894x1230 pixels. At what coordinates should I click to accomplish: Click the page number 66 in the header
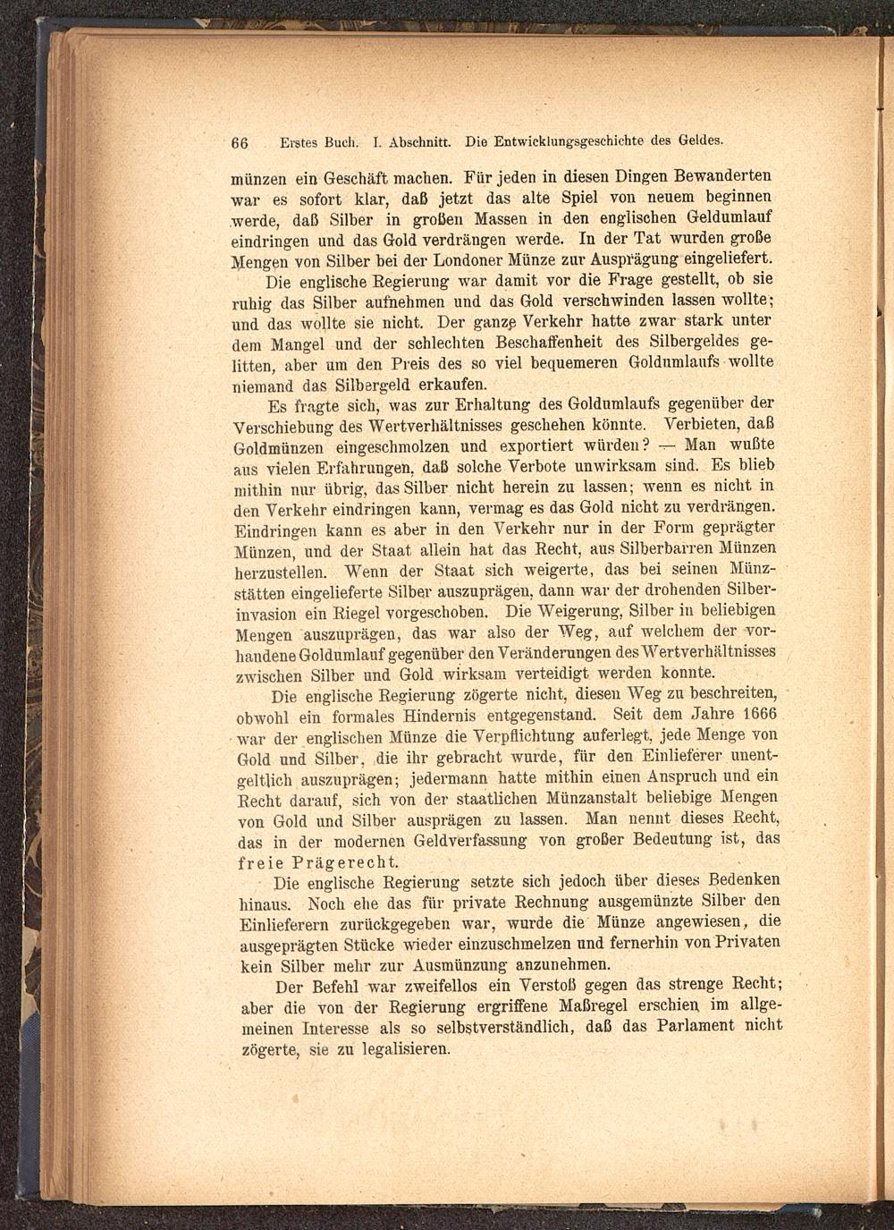(x=239, y=141)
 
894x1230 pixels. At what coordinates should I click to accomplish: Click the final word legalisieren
(x=402, y=1049)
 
